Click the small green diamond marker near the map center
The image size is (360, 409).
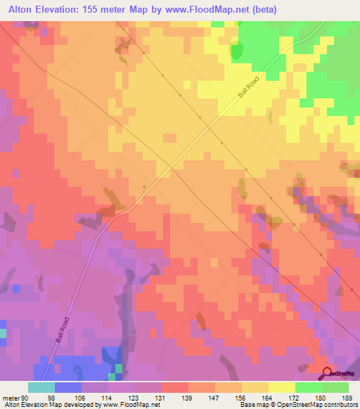[x=145, y=186]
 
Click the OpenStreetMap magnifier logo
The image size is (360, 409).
[x=329, y=373]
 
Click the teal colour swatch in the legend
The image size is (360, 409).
[x=41, y=387]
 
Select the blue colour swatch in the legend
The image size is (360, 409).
[x=68, y=387]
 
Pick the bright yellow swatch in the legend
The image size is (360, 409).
[x=282, y=387]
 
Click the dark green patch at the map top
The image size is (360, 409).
[x=236, y=51]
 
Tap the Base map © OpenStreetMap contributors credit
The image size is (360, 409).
[x=297, y=405]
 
